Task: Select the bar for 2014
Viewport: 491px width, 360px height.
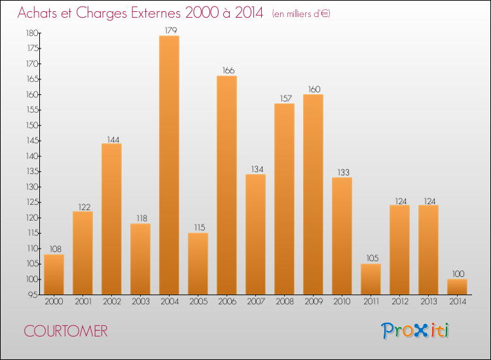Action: click(457, 287)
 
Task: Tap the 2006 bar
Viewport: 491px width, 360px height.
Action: click(227, 185)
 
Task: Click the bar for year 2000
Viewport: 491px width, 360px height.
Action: click(54, 274)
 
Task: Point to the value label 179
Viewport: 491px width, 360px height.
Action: click(169, 30)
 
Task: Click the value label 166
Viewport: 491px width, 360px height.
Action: click(227, 71)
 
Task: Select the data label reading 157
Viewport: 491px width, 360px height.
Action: click(284, 98)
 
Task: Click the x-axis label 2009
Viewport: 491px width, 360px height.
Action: click(313, 302)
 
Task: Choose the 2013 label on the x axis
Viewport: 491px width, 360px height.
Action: click(428, 302)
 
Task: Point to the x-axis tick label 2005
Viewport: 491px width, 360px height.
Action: click(198, 302)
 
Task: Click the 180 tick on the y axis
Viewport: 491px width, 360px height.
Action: click(31, 33)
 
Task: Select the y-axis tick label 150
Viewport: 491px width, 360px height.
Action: click(31, 125)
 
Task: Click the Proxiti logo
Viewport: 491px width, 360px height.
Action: click(416, 331)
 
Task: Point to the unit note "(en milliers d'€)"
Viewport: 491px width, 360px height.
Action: click(301, 14)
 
